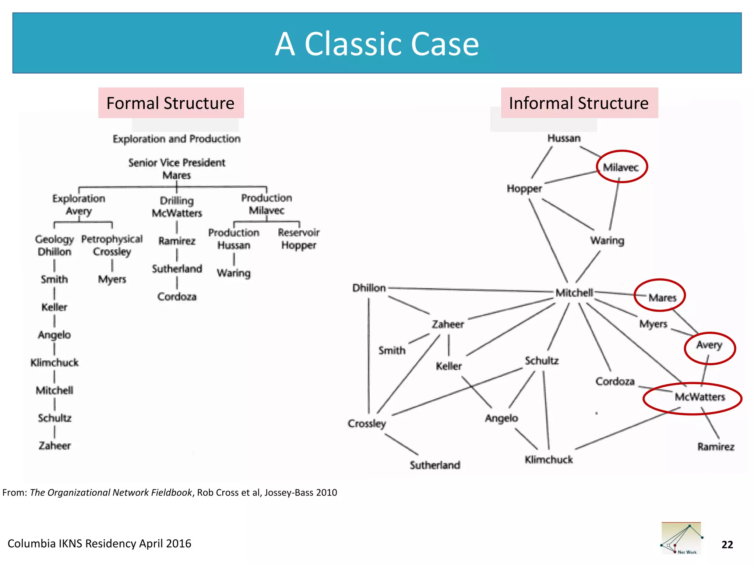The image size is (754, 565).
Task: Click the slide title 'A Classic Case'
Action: tap(377, 44)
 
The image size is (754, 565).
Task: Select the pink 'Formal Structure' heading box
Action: tap(170, 103)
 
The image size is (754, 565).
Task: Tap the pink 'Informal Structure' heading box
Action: tap(579, 103)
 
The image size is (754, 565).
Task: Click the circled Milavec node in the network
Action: tap(621, 167)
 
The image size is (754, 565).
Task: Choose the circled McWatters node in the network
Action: tap(699, 397)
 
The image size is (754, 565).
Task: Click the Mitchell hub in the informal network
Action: tap(574, 293)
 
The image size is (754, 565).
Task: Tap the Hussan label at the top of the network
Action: tap(564, 138)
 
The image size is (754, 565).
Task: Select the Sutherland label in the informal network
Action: tap(435, 465)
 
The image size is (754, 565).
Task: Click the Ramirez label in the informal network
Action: tap(715, 447)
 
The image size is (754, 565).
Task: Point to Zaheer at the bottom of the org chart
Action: tap(54, 445)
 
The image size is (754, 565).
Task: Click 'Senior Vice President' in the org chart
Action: tap(177, 163)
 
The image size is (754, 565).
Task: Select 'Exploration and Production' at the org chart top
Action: tap(177, 139)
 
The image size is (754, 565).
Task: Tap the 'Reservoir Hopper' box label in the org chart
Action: tap(299, 239)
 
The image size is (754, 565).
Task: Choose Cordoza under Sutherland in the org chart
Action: tap(177, 296)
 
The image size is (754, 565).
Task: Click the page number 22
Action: tap(727, 544)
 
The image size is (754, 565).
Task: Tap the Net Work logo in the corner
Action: tap(681, 539)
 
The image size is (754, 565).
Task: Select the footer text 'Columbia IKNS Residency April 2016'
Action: tap(99, 543)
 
